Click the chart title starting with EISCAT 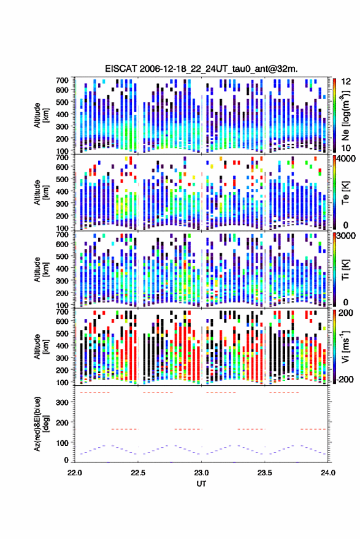[201, 69]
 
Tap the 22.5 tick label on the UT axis [138, 473]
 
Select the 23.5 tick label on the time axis [264, 473]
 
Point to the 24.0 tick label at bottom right [327, 473]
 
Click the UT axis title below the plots [201, 484]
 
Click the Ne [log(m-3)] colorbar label [345, 115]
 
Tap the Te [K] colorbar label [345, 193]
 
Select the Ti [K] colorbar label [345, 270]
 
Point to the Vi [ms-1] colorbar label [345, 346]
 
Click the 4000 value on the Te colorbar [346, 159]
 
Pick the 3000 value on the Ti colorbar [346, 236]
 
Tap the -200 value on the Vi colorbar [345, 380]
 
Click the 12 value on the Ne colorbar [346, 82]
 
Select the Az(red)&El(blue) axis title [40, 424]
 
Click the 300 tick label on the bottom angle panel [62, 402]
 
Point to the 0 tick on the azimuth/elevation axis [66, 460]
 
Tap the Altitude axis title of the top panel [40, 115]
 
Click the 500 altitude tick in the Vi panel [62, 333]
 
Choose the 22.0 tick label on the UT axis [75, 473]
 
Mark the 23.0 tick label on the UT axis [201, 473]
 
